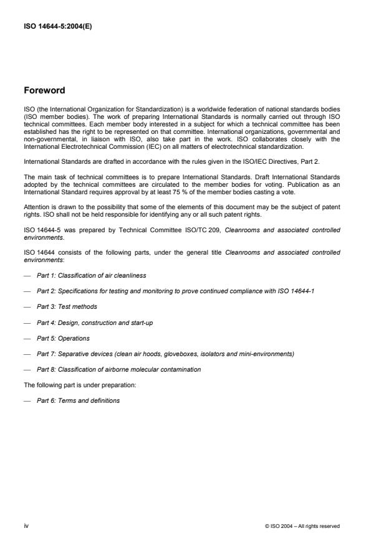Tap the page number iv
tap(27, 526)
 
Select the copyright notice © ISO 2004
tap(302, 527)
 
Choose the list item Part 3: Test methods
tap(67, 306)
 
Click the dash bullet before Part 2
tap(27, 291)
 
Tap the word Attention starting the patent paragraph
tap(35, 206)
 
